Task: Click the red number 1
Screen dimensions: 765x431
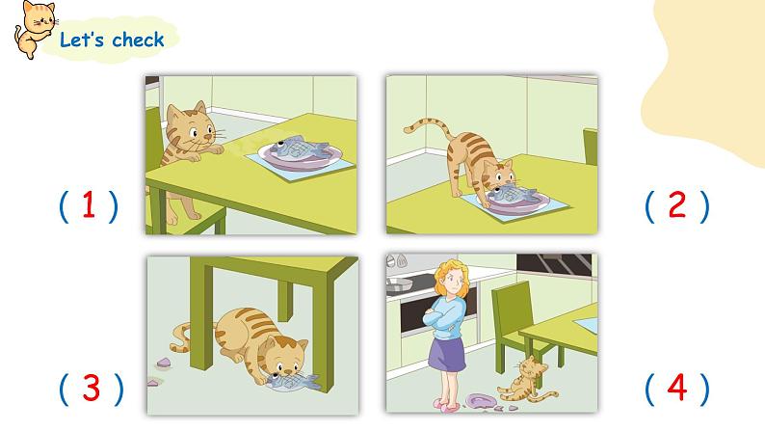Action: point(89,204)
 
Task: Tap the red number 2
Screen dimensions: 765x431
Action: point(677,204)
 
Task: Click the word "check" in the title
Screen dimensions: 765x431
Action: point(138,40)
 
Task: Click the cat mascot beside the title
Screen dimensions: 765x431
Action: point(35,29)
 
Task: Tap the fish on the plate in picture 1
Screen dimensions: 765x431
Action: point(298,148)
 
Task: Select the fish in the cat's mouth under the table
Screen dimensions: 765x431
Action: point(293,382)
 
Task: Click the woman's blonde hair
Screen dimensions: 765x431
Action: point(452,279)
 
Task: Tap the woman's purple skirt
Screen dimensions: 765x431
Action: point(446,354)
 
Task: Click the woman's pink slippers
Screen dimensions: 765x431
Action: point(446,406)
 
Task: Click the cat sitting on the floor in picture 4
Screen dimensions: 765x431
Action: point(527,379)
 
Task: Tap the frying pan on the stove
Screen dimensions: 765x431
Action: point(400,285)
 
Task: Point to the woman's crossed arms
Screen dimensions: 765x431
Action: point(444,319)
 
